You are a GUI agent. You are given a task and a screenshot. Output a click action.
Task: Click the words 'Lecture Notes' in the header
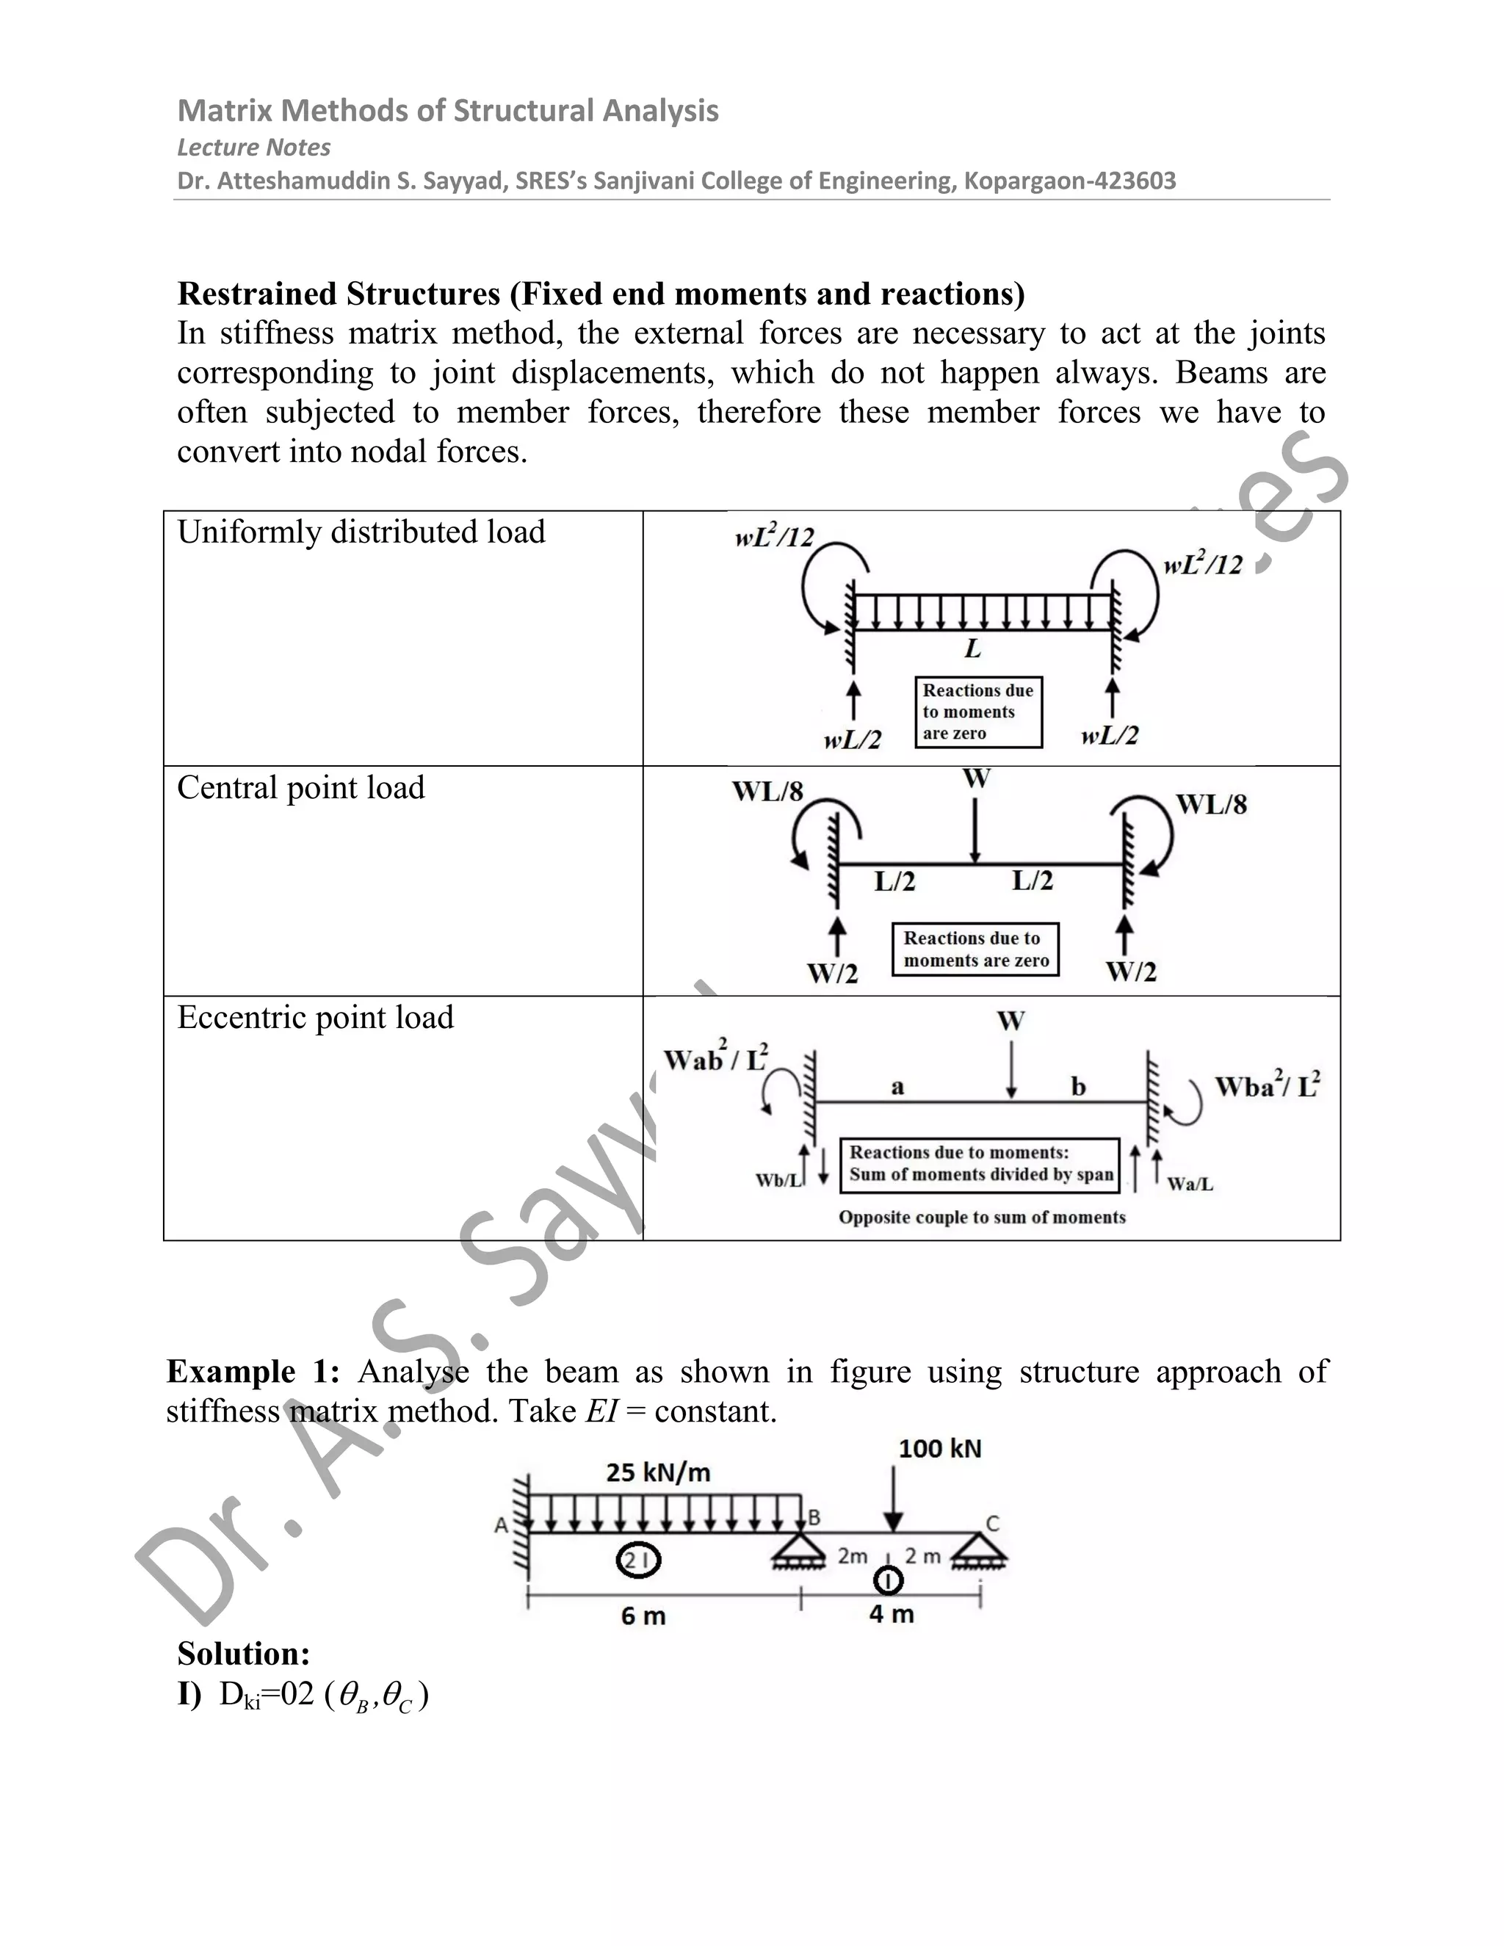[254, 147]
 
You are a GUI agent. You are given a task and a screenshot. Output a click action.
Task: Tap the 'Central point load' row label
[301, 788]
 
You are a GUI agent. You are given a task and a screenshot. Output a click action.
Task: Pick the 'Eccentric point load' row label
[315, 1018]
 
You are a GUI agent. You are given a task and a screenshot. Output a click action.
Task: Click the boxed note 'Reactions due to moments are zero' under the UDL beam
[978, 712]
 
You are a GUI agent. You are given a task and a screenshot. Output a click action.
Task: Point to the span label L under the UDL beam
[973, 648]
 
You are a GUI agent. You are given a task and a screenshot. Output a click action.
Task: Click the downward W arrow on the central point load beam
[976, 828]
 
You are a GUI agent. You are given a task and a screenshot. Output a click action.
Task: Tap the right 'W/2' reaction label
[1131, 972]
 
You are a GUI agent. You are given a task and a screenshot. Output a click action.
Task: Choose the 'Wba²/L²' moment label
[1267, 1087]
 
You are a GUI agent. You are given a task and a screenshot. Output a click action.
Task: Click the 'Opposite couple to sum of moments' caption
[982, 1217]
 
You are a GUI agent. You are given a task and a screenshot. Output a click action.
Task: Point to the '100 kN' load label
[939, 1449]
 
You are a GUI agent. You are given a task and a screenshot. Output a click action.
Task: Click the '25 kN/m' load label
[659, 1472]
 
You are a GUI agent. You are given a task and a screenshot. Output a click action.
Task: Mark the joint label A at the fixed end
[501, 1525]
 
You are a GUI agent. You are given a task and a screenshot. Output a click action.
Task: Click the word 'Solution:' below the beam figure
[243, 1654]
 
